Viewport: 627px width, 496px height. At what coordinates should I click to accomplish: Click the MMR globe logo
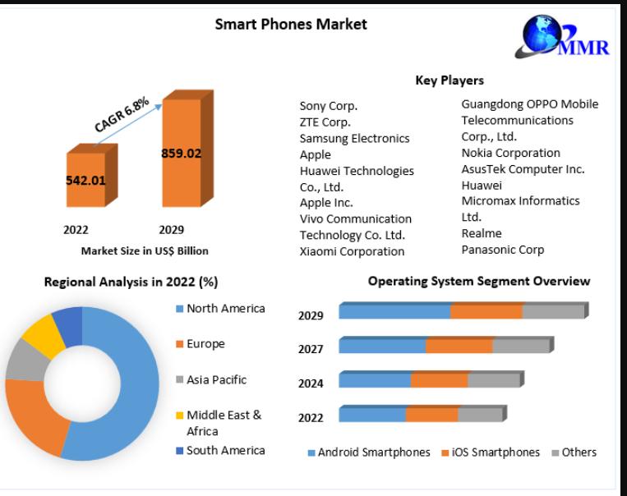pyautogui.click(x=562, y=36)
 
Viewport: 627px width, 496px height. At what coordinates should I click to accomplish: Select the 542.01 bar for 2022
pyautogui.click(x=92, y=176)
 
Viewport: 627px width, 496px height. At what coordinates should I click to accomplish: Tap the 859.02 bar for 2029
pyautogui.click(x=187, y=149)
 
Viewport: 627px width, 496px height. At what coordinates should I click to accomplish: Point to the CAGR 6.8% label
pyautogui.click(x=122, y=114)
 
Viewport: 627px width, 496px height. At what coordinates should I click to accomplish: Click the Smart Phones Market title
pyautogui.click(x=291, y=25)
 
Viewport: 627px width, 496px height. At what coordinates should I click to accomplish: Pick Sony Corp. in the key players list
pyautogui.click(x=329, y=106)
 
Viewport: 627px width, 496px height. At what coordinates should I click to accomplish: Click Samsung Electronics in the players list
pyautogui.click(x=354, y=138)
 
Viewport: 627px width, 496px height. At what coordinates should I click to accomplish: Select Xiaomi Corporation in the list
pyautogui.click(x=352, y=251)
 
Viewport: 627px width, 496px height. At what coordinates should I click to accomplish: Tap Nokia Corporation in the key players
pyautogui.click(x=510, y=153)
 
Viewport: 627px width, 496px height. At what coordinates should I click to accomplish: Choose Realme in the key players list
pyautogui.click(x=482, y=233)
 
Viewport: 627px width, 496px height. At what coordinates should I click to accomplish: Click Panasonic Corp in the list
pyautogui.click(x=503, y=250)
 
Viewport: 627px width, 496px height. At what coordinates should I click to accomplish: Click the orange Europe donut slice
pyautogui.click(x=34, y=416)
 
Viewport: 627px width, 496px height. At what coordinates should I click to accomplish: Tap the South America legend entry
pyautogui.click(x=220, y=451)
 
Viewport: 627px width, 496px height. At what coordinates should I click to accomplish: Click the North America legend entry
pyautogui.click(x=220, y=309)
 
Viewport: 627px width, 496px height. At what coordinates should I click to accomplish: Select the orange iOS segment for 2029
pyautogui.click(x=486, y=311)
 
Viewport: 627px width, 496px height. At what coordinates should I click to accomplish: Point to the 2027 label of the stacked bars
pyautogui.click(x=311, y=349)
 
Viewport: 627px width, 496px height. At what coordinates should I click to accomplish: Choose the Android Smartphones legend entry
pyautogui.click(x=369, y=452)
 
